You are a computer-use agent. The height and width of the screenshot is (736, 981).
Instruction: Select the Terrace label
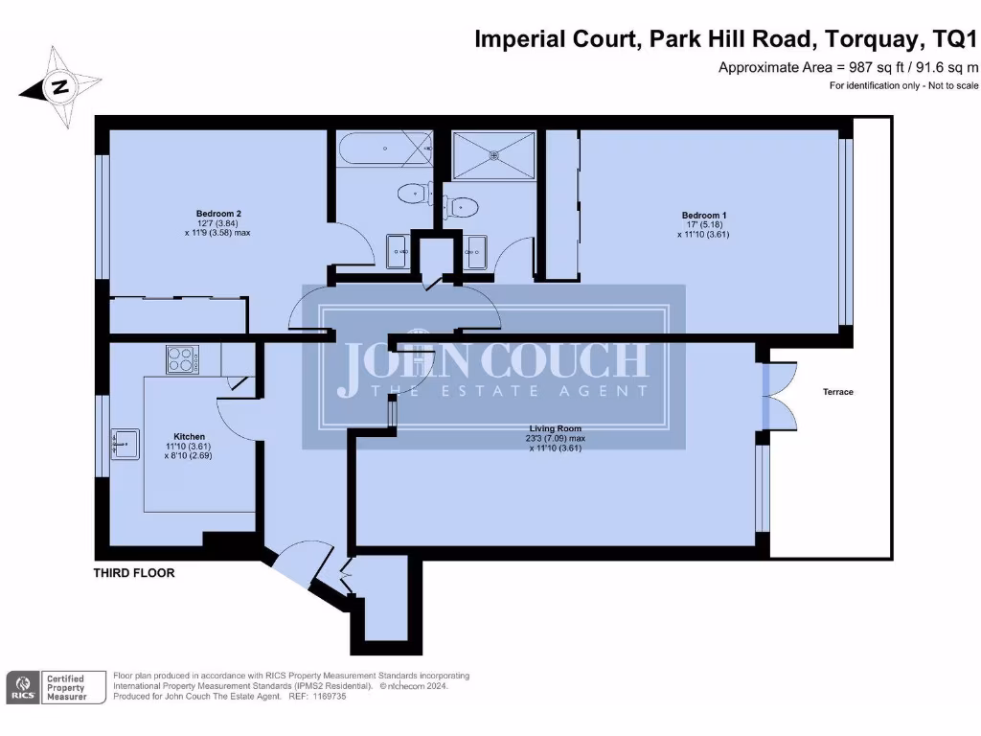click(x=837, y=392)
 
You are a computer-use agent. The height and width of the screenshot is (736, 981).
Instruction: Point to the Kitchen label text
click(x=189, y=436)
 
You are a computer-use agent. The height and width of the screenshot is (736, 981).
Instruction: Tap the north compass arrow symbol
click(x=58, y=88)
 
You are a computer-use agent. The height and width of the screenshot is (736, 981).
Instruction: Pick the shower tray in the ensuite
click(x=491, y=154)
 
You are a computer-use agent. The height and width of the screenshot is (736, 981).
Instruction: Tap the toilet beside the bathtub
click(x=412, y=193)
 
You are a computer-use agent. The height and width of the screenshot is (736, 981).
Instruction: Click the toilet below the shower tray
click(x=462, y=204)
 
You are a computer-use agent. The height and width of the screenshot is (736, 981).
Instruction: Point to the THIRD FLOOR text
click(x=133, y=573)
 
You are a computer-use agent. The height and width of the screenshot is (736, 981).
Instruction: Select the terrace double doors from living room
click(x=778, y=396)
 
